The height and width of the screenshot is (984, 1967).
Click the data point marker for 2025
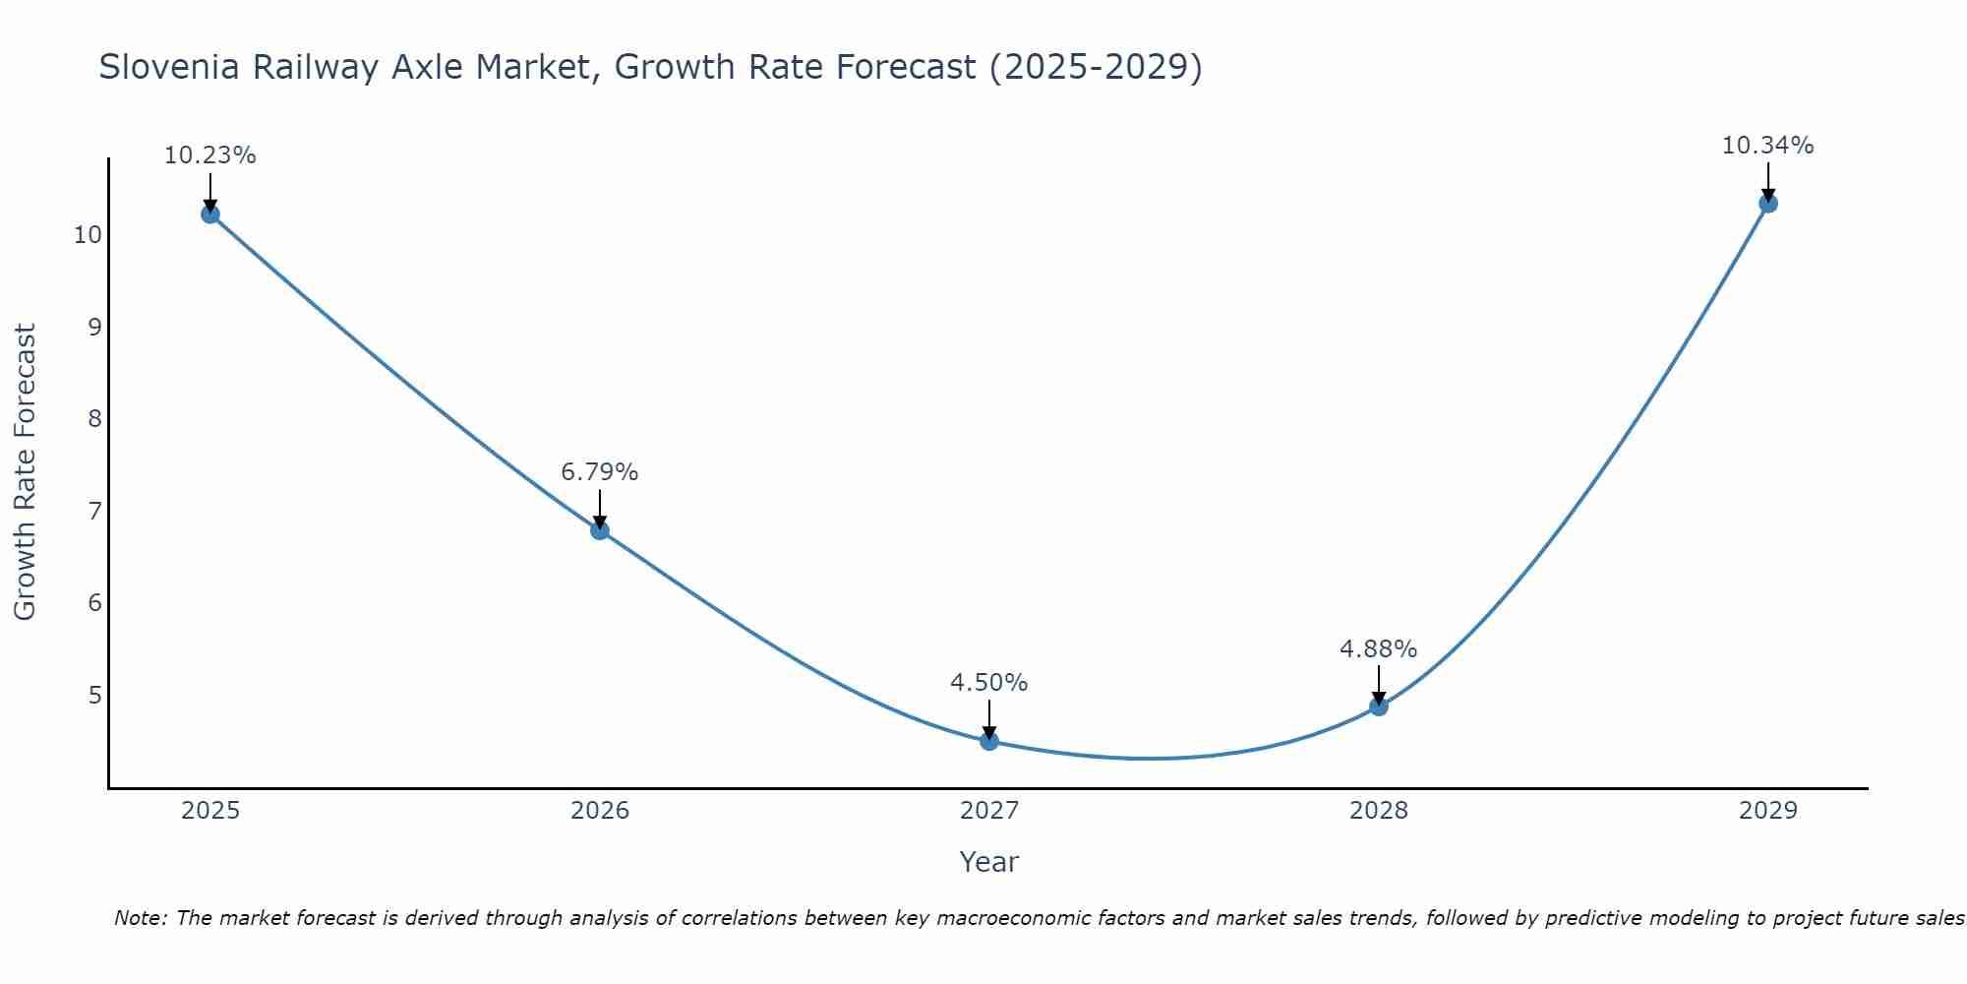tap(209, 214)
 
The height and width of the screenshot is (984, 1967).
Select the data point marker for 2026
tap(599, 530)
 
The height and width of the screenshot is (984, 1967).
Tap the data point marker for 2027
tap(988, 741)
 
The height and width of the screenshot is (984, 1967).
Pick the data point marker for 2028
tap(1378, 706)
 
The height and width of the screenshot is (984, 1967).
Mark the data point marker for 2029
tap(1767, 204)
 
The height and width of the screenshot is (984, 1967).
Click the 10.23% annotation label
tap(209, 155)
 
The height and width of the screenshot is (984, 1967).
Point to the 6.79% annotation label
tap(599, 472)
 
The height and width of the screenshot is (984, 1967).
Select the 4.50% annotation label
tap(988, 683)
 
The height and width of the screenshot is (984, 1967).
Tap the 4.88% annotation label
tap(1378, 649)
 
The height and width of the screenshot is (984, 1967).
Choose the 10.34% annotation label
tap(1767, 146)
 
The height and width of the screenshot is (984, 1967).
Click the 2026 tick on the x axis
tap(599, 811)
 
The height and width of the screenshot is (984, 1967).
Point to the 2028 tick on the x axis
tap(1378, 811)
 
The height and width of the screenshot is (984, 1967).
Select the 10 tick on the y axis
tap(88, 235)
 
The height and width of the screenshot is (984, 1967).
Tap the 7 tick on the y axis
tap(94, 512)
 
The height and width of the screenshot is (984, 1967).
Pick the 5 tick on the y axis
tap(94, 696)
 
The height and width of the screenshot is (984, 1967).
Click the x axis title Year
tap(988, 862)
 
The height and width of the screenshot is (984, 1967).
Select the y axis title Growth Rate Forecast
tap(25, 472)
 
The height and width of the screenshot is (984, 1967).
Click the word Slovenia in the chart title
tap(169, 67)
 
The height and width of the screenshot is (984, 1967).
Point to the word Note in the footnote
tap(141, 918)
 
